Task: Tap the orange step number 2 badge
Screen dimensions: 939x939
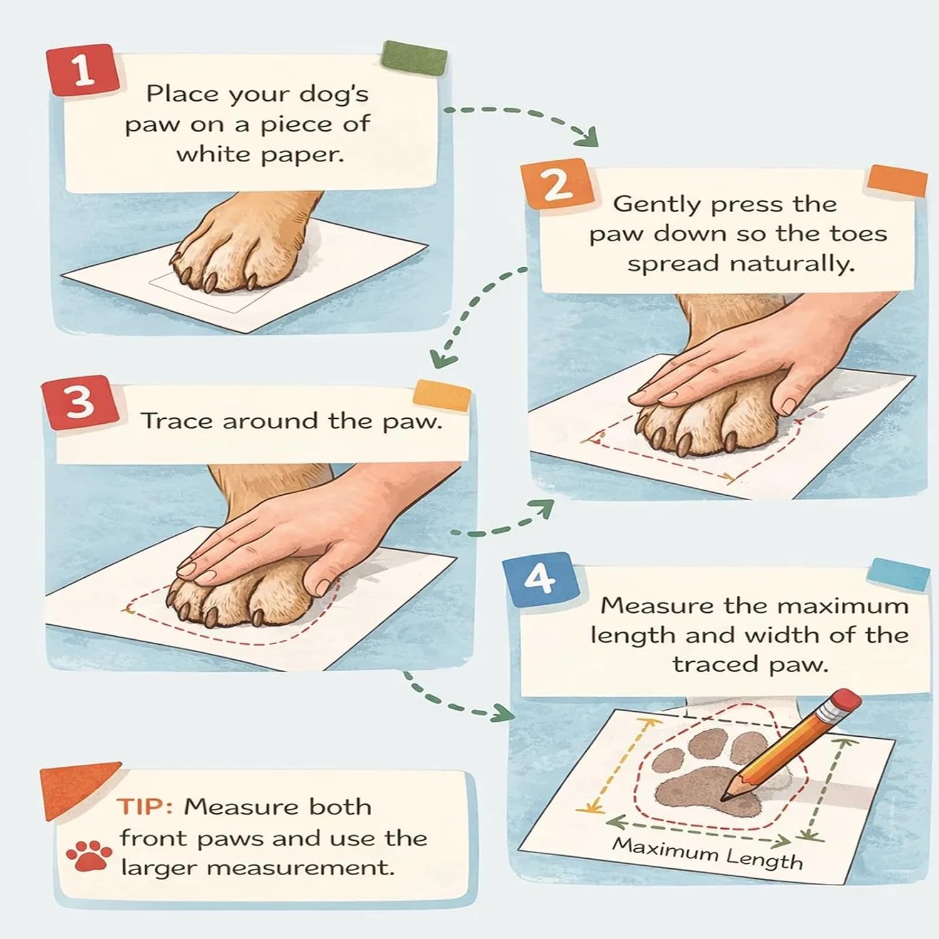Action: click(556, 185)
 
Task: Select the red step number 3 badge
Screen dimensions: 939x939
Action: click(80, 402)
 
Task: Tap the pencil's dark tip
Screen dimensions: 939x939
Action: click(726, 796)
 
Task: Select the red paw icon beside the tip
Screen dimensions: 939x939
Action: click(89, 856)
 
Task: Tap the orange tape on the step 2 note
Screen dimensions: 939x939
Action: click(897, 181)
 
